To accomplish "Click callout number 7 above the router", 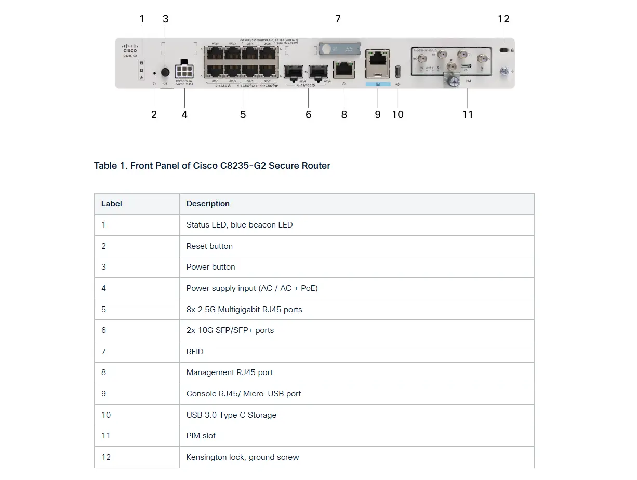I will [338, 19].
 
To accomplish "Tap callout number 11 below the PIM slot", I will [468, 114].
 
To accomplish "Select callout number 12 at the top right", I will [503, 19].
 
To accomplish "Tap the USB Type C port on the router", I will [398, 71].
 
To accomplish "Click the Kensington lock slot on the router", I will [503, 50].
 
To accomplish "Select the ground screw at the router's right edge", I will [503, 71].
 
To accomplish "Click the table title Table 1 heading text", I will [212, 166].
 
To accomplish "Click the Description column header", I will [208, 204].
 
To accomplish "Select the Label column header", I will [111, 204].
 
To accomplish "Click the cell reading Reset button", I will [209, 246].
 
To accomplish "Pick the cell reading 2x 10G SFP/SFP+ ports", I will [230, 330].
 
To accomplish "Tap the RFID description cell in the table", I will [195, 352].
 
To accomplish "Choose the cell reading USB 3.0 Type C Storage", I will [231, 415].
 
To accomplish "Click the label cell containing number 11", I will [106, 436].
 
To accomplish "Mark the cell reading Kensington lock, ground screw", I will [243, 457].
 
